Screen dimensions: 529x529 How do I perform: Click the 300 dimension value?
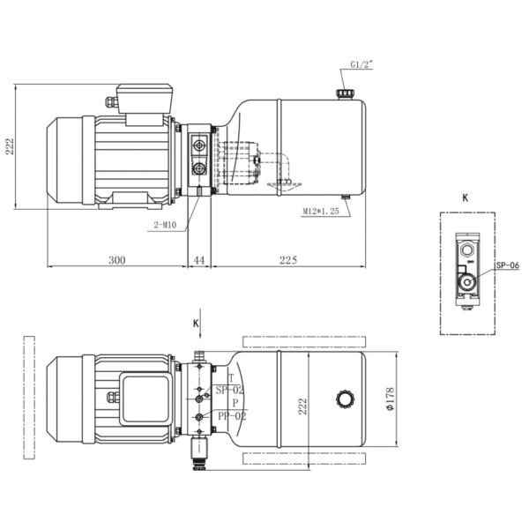117,260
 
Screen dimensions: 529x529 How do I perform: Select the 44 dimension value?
199,260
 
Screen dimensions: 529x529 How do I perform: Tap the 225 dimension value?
288,260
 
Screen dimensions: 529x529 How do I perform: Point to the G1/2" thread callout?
361,64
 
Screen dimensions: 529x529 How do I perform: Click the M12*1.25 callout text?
321,212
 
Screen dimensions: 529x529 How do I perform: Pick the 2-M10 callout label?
165,225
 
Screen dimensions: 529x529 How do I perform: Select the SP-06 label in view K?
508,265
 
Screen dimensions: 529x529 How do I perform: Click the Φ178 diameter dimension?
390,399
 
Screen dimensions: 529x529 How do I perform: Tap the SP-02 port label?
229,391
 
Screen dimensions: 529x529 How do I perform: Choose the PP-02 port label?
232,416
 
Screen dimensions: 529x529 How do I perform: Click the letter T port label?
231,378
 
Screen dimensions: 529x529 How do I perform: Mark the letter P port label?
235,403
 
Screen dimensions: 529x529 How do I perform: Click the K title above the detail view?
466,198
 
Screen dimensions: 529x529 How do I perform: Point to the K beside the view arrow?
196,324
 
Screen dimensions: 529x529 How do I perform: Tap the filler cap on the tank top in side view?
345,93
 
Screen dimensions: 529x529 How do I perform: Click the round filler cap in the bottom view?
346,399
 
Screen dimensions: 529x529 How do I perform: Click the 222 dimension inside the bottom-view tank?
302,406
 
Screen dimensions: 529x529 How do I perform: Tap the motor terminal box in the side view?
145,98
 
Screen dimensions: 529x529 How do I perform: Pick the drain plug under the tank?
346,197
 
